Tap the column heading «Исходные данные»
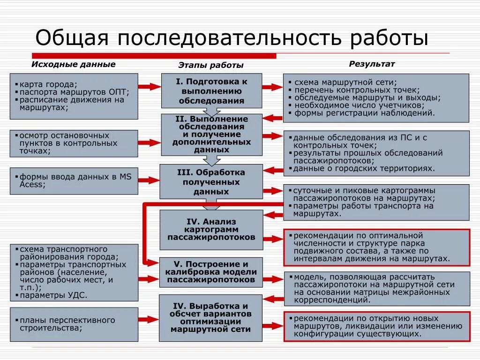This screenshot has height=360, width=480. pos(73,64)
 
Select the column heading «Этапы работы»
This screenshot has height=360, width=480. pos(211,66)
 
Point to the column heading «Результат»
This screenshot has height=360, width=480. pos(372,64)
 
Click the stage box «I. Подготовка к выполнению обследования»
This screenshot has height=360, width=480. pos(211,91)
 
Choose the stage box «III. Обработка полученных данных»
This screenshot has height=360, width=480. pos(211,182)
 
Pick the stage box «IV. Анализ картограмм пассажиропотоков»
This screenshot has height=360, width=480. pos(211,229)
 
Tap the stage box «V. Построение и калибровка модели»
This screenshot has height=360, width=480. pos(211,272)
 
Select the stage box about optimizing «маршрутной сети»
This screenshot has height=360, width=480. pos(211,318)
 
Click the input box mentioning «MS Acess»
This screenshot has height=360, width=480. pos(74,180)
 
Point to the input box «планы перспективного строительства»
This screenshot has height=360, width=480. pos(74,324)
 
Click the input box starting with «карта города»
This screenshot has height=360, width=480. pos(74,96)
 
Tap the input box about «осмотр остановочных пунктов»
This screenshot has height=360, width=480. pos(74,143)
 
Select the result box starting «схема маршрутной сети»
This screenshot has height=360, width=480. pos(376,97)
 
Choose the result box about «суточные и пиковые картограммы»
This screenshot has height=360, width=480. pos(376,202)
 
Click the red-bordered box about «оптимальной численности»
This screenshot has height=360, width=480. pos(376,247)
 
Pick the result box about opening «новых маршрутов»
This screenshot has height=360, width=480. pos(376,326)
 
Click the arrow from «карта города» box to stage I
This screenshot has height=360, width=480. pos(150,86)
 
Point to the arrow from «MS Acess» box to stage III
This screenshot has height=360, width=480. pos(150,180)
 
